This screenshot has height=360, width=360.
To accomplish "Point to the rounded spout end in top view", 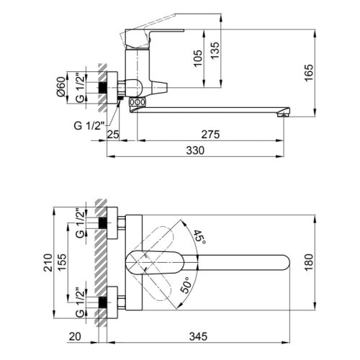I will tap(284, 261).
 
